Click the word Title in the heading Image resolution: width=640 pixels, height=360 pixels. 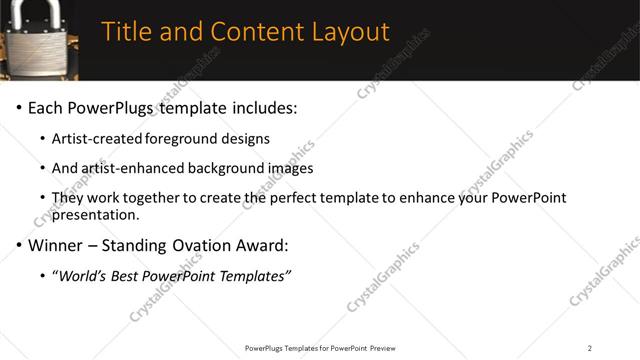(x=128, y=32)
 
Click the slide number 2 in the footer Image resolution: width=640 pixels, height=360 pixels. (x=590, y=348)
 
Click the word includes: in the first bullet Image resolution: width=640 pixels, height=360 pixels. (x=264, y=107)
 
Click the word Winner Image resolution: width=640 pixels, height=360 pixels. (x=56, y=245)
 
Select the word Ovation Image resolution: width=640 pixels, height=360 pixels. (x=209, y=245)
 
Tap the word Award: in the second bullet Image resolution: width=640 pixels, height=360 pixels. (x=272, y=245)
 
